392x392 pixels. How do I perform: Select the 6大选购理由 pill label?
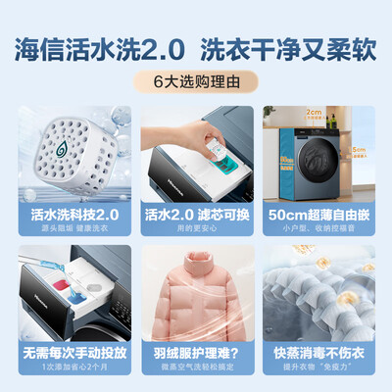pos(196,82)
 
